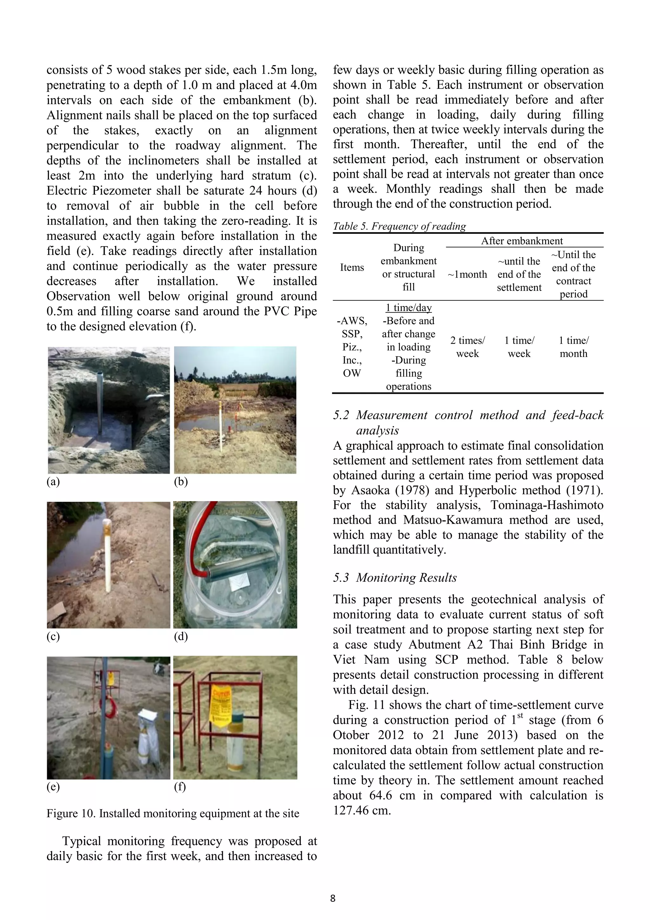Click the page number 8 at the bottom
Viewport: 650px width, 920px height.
click(x=332, y=898)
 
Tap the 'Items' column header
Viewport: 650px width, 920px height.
click(x=352, y=267)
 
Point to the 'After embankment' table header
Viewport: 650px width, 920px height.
click(x=521, y=241)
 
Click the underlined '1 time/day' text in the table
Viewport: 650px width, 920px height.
click(x=408, y=308)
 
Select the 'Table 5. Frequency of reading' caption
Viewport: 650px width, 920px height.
click(x=399, y=226)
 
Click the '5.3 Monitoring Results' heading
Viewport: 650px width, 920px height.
click(x=395, y=577)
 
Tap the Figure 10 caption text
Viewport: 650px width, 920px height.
click(x=173, y=813)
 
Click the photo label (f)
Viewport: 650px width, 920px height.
click(x=180, y=787)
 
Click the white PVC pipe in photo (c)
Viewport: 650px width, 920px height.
click(x=107, y=557)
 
